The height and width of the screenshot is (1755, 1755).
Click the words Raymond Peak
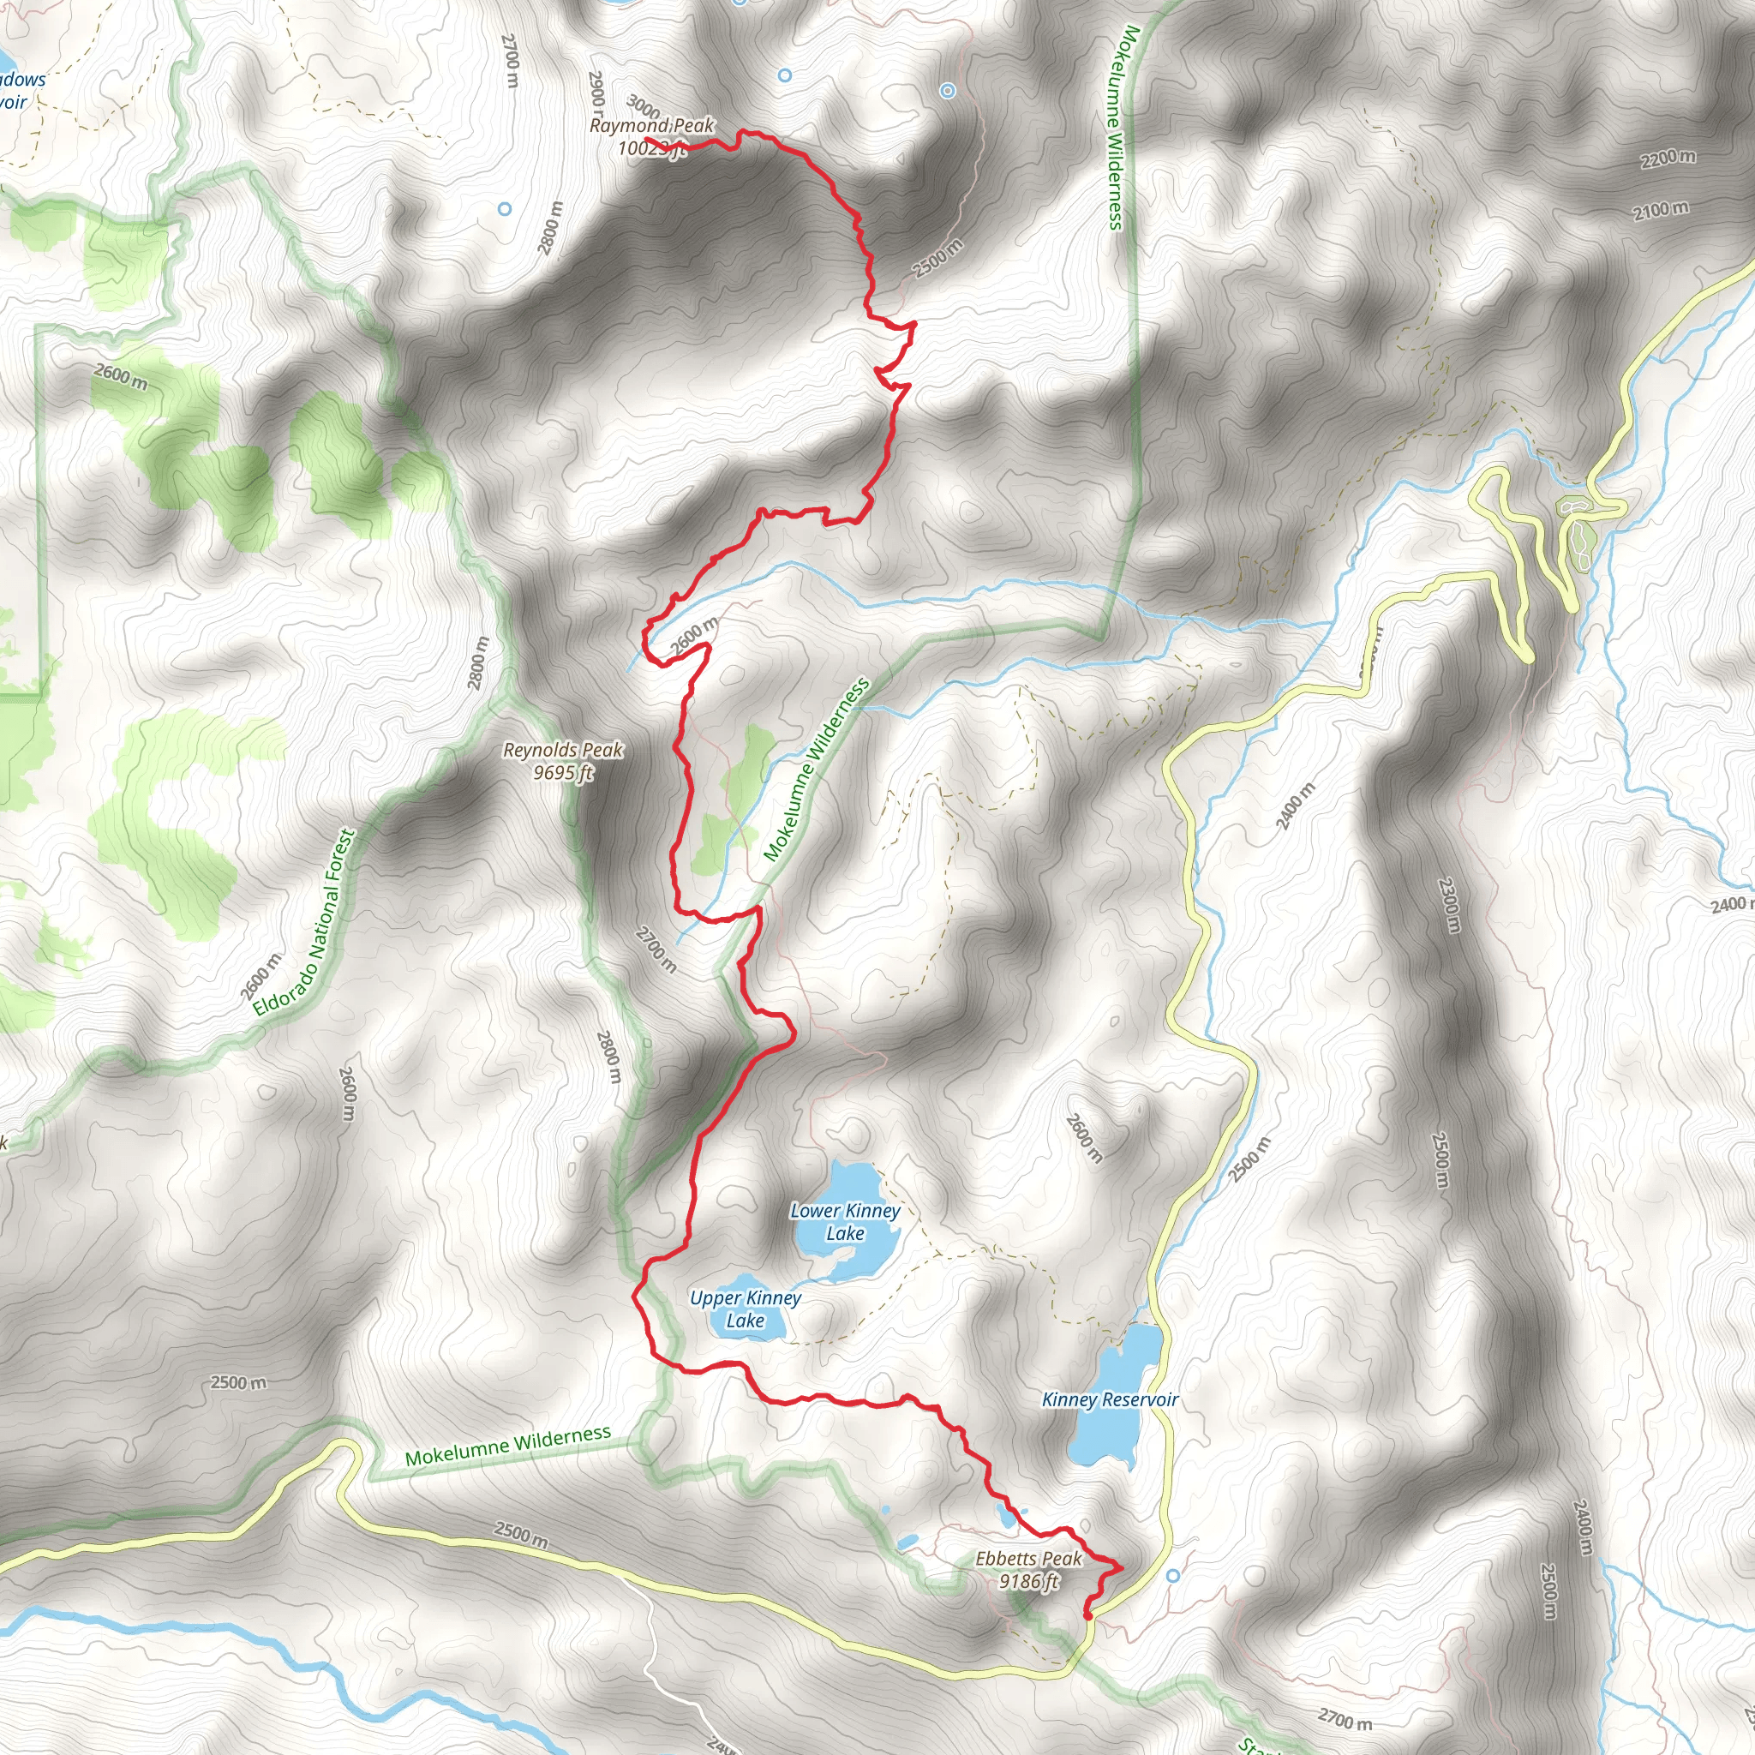651,125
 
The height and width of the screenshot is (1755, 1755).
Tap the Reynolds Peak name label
563,751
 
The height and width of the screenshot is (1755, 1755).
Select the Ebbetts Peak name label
1028,1559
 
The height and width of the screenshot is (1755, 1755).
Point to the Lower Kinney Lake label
845,1222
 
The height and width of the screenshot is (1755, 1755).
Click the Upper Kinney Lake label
745,1309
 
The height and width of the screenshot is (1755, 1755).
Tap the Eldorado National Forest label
302,923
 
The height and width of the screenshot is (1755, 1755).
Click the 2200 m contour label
1668,158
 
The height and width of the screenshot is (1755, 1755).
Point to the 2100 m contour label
1661,211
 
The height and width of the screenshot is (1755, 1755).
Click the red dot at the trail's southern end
1087,1616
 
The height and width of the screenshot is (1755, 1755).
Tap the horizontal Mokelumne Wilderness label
508,1447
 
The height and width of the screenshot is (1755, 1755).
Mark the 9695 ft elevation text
563,773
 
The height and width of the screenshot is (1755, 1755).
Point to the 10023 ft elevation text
650,148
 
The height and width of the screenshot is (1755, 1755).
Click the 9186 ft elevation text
1028,1582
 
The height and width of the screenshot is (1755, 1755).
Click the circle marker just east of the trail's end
1173,1575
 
